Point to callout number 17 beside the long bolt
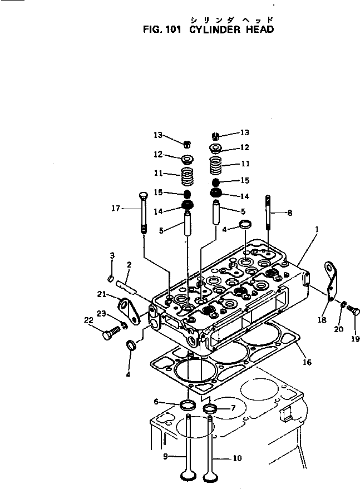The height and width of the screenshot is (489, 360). pyautogui.click(x=115, y=209)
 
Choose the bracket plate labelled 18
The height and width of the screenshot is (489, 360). pyautogui.click(x=333, y=284)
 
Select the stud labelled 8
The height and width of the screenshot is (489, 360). pyautogui.click(x=269, y=211)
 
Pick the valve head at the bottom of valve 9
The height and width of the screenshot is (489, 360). pyautogui.click(x=189, y=476)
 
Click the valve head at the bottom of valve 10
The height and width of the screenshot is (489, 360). pyautogui.click(x=210, y=476)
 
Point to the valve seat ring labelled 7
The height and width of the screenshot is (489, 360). pyautogui.click(x=210, y=409)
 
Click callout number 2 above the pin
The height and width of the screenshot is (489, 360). pyautogui.click(x=129, y=265)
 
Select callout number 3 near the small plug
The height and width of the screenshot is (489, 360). pyautogui.click(x=112, y=255)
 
